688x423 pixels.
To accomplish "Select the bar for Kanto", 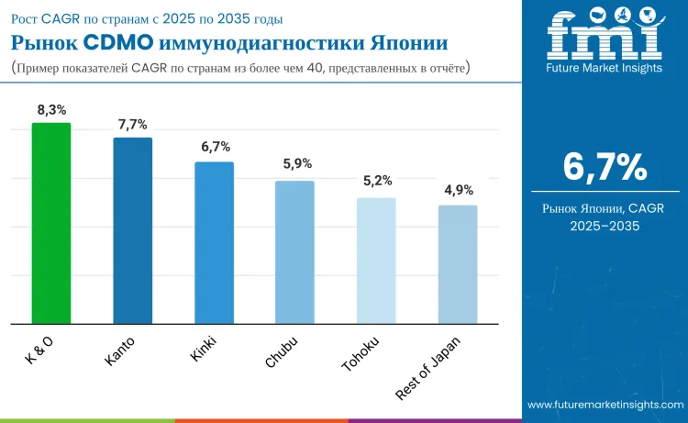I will coord(132,230).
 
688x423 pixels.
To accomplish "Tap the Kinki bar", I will coord(214,242).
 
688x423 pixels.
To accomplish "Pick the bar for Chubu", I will coord(294,252).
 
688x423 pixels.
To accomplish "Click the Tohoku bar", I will coord(376,261).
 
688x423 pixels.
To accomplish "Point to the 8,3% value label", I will coord(51,110).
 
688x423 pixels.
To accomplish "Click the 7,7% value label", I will coord(132,125).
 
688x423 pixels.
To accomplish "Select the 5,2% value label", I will coord(376,182).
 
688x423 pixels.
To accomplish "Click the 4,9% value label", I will coord(458,190).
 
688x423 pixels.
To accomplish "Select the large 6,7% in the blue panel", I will coord(605,167).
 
